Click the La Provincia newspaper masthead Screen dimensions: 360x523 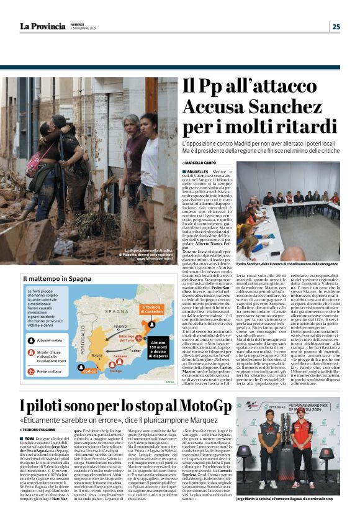pyautogui.click(x=42, y=26)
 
